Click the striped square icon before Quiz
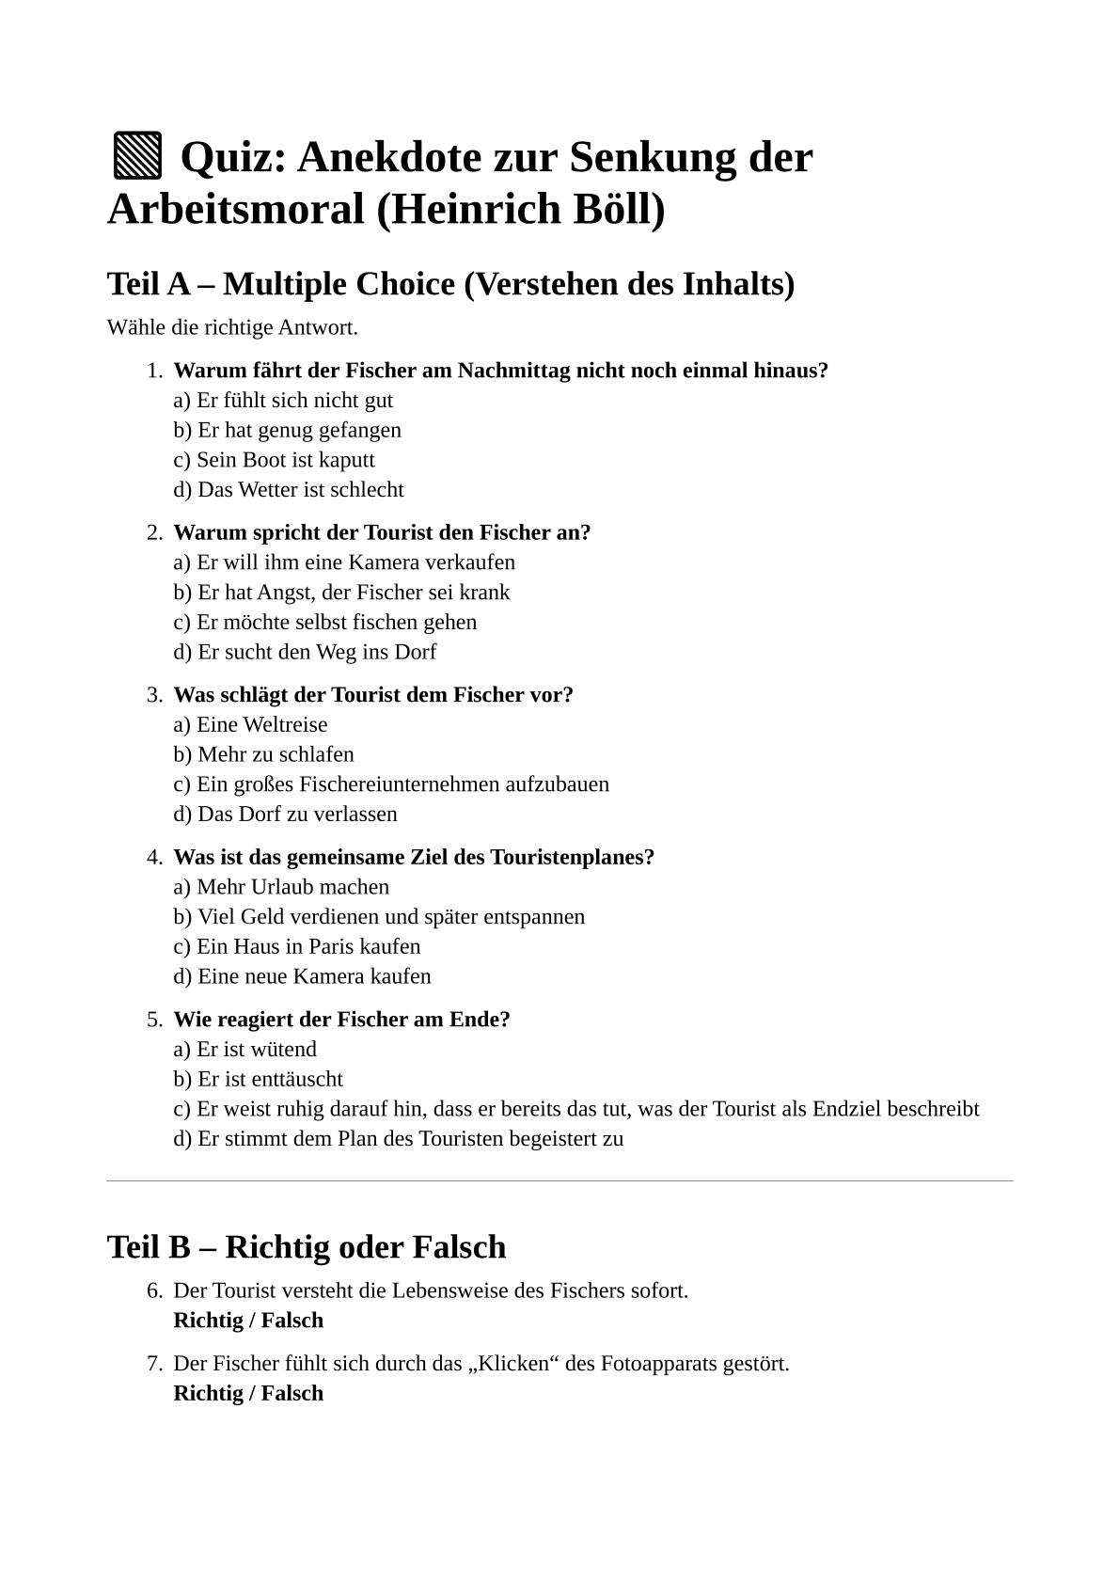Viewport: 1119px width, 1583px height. click(x=137, y=157)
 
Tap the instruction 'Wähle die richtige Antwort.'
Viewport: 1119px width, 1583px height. click(x=232, y=328)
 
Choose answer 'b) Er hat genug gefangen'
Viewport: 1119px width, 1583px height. click(x=287, y=430)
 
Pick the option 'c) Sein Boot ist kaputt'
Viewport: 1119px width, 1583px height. click(x=274, y=460)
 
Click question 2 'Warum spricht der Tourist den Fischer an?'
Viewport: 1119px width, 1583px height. click(x=382, y=532)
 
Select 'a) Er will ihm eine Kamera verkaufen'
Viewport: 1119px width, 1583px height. click(x=344, y=562)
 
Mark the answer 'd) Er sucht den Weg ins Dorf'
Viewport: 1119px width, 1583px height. click(x=305, y=652)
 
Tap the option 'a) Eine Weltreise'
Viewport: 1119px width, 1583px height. click(x=250, y=725)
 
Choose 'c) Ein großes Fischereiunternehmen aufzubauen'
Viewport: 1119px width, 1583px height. click(x=391, y=784)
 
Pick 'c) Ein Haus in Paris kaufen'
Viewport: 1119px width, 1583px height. click(x=297, y=947)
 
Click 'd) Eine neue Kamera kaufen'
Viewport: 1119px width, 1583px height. click(x=302, y=976)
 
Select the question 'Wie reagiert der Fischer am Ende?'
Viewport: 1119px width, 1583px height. click(x=341, y=1020)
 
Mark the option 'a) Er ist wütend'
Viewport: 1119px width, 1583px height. click(x=244, y=1050)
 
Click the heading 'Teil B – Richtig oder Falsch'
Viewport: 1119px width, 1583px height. click(x=307, y=1247)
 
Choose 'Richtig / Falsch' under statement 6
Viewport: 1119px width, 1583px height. click(x=248, y=1321)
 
